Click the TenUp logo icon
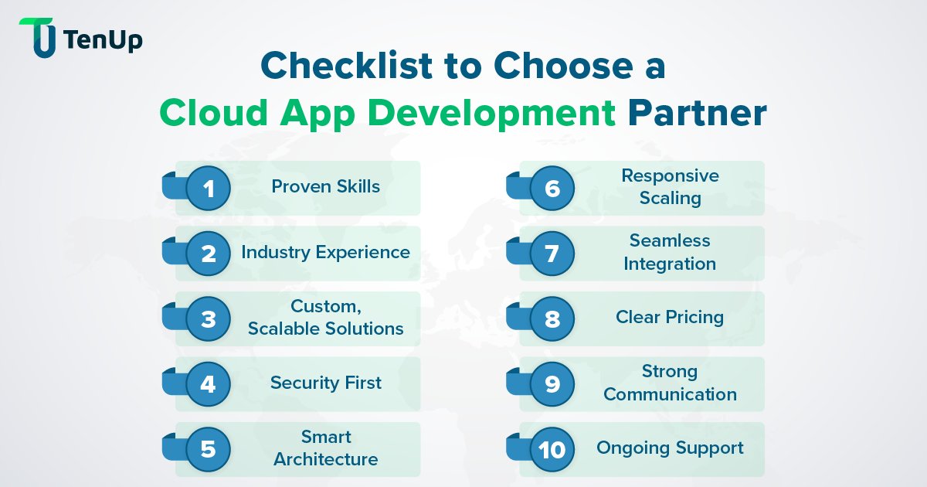coord(39,37)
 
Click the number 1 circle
coord(208,188)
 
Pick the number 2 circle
coord(208,254)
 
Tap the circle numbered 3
coord(208,318)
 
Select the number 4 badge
coord(208,383)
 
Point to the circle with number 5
coord(208,449)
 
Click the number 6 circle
coord(552,188)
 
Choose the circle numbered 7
coord(552,254)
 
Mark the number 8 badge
coord(552,318)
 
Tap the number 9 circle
coord(552,383)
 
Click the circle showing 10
coord(552,449)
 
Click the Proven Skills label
coord(325,186)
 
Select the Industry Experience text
coord(325,252)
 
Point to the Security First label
coord(325,383)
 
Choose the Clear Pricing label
coord(669,317)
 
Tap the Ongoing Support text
coord(669,448)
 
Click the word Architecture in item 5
coord(325,459)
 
